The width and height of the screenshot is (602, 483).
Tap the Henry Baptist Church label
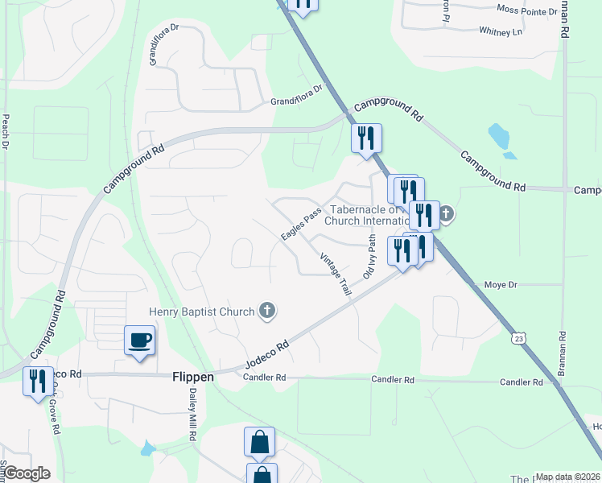coord(201,311)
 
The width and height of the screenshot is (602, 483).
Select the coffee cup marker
coord(140,340)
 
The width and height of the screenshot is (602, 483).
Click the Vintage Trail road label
coord(336,275)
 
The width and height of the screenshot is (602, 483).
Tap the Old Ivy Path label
coord(369,256)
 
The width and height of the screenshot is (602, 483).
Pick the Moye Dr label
coord(501,285)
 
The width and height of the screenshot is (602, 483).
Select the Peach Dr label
coord(6,132)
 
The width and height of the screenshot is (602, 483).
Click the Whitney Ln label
coord(501,31)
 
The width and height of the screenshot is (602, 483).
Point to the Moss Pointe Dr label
coord(527,11)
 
